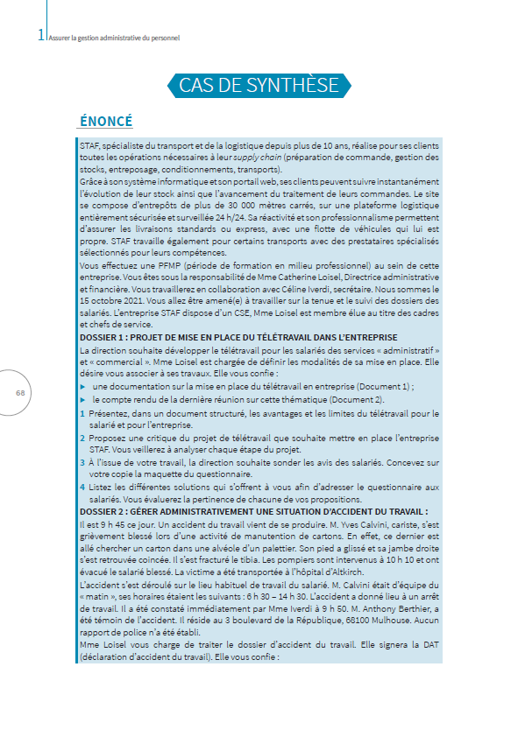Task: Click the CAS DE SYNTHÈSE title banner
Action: tap(259, 85)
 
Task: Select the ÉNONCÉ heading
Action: tap(106, 121)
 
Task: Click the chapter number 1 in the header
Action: tap(41, 36)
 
